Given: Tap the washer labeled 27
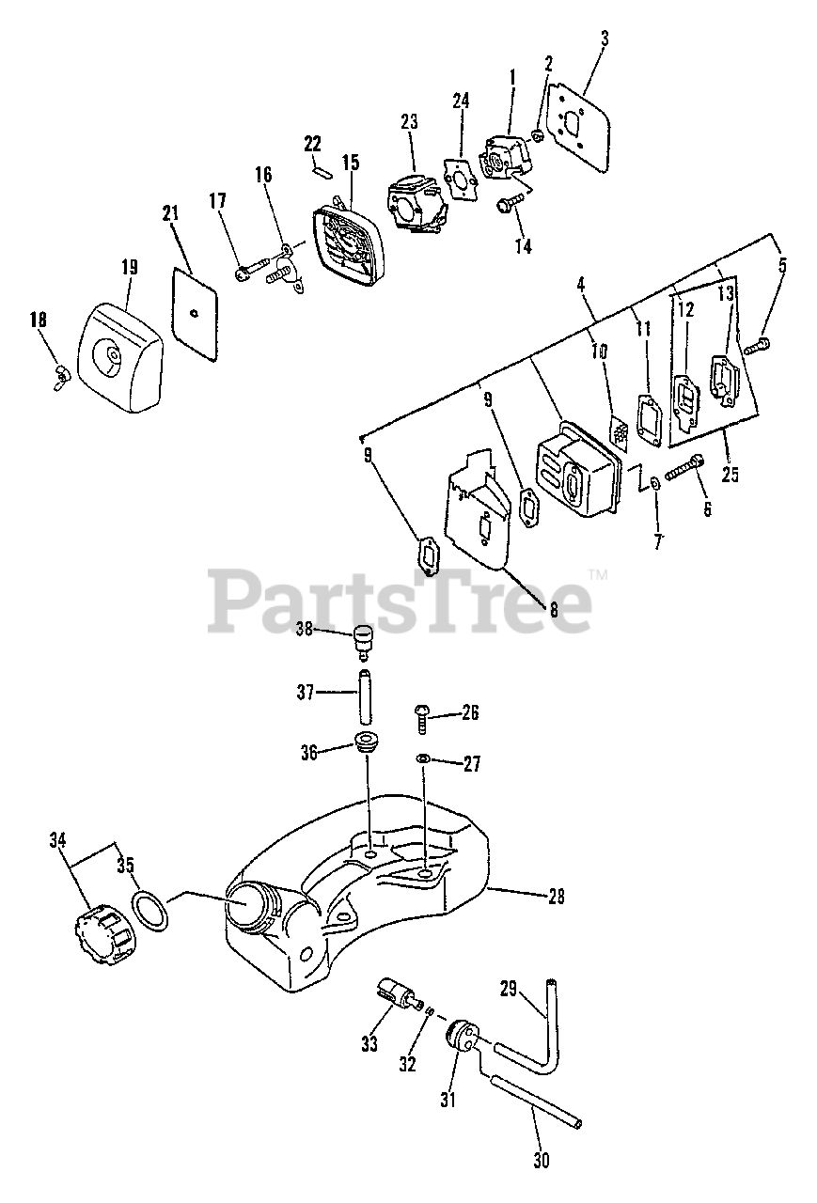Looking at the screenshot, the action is click(x=423, y=758).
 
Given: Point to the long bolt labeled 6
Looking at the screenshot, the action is click(x=683, y=466).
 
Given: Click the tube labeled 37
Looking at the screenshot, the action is click(x=363, y=694).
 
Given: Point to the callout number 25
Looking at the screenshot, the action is click(x=730, y=475).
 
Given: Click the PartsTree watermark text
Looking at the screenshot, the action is click(x=400, y=599).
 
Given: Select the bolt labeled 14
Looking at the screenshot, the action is click(x=507, y=202).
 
